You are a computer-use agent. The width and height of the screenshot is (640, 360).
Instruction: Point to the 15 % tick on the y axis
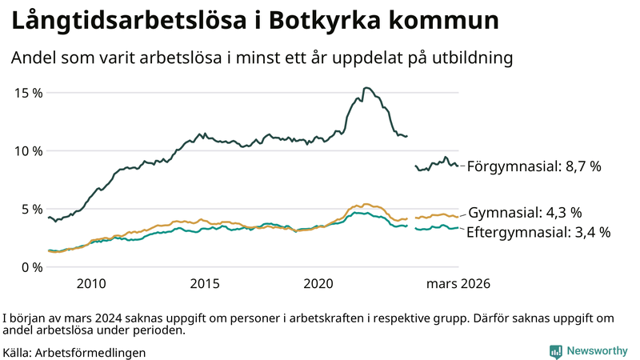[x=29, y=92]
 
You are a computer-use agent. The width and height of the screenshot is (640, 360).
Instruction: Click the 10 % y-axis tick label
[x=29, y=150]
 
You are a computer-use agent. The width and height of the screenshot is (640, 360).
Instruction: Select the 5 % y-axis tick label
[x=33, y=209]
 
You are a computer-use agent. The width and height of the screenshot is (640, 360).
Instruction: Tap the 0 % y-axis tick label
[x=33, y=266]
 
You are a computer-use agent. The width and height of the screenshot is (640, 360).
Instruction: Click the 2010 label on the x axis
[x=91, y=284]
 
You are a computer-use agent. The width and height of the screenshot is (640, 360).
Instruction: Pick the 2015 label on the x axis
[x=205, y=284]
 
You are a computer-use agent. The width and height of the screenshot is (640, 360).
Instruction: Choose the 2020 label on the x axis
[x=318, y=284]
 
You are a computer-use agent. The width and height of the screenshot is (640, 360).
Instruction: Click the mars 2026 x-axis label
[x=458, y=284]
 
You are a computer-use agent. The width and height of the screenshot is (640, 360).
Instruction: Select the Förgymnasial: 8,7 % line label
[x=534, y=167]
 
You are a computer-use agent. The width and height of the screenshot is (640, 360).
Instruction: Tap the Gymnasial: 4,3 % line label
[x=524, y=213]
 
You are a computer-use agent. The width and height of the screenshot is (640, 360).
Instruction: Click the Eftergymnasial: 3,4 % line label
[x=538, y=233]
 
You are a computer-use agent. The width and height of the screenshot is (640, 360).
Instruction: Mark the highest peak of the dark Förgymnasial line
[x=366, y=88]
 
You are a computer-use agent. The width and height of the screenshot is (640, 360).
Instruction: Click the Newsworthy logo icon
[x=555, y=351]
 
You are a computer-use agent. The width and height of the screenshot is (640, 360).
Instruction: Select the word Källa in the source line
[x=18, y=352]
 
